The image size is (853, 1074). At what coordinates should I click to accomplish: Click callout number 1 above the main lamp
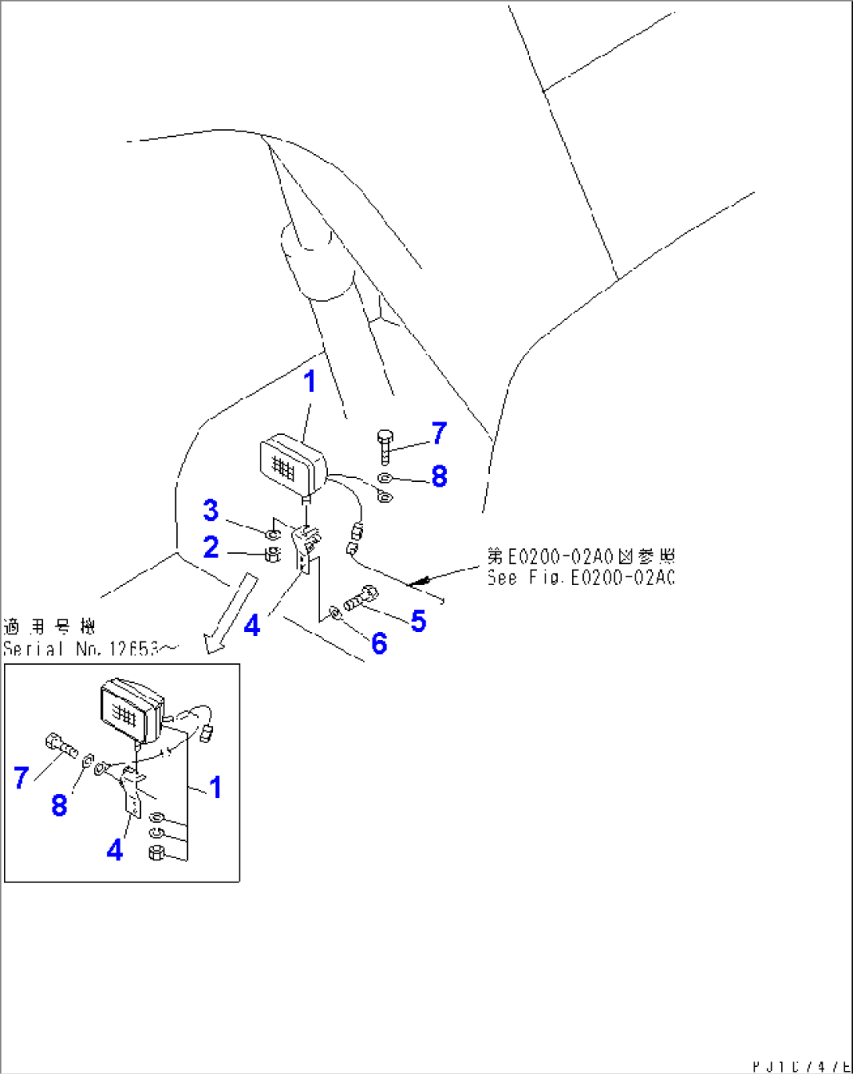tap(310, 382)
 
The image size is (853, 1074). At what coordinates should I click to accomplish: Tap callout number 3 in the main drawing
tap(211, 511)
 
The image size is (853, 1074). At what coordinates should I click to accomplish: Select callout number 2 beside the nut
tap(211, 547)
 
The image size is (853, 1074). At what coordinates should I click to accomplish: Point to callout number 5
tap(419, 622)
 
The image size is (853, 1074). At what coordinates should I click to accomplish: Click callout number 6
tap(380, 644)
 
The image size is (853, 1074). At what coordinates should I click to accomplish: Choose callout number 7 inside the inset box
tap(21, 778)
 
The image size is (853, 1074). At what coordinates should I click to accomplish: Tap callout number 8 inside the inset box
tap(59, 805)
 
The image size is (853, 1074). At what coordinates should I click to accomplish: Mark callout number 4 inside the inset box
tap(115, 850)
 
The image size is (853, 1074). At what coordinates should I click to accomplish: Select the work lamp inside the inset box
tap(131, 710)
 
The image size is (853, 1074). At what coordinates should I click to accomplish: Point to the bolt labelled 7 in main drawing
tap(384, 445)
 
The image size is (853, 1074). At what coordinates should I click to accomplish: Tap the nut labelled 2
tap(272, 555)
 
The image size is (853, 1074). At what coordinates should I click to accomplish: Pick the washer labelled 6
tap(335, 612)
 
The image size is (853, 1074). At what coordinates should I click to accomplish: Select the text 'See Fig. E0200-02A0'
tap(580, 578)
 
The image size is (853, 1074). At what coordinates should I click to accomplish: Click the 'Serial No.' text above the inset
tap(90, 648)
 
